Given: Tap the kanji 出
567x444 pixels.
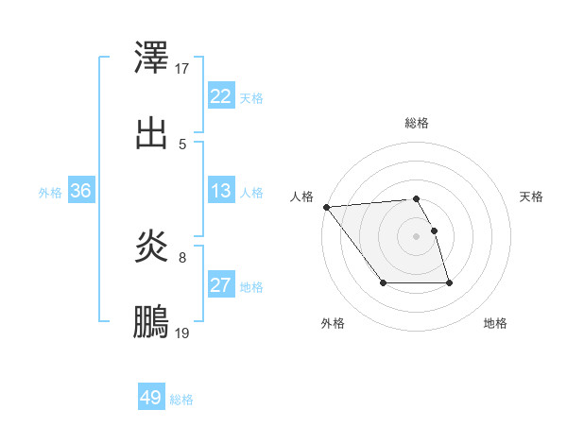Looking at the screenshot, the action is point(152,132).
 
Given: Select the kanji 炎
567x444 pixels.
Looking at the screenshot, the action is point(152,248).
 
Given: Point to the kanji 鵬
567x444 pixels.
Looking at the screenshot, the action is point(152,323).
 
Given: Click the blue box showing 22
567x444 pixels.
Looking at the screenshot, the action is point(220,96).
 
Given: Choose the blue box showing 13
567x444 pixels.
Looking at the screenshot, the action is point(220,191).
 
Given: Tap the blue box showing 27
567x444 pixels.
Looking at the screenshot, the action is point(220,285).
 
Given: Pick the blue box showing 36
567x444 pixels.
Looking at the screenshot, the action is point(80,191).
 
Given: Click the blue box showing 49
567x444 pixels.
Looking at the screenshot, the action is point(151,398).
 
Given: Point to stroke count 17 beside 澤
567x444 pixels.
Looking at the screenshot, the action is point(182,68).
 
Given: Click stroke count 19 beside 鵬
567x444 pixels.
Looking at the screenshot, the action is point(182,333).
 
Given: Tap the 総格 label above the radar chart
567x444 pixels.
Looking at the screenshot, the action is point(417,123).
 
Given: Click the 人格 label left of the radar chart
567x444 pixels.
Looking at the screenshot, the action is point(301,196).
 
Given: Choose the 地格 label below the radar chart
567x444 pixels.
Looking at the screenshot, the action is point(495,324).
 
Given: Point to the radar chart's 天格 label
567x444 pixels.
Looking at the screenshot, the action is point(532,196).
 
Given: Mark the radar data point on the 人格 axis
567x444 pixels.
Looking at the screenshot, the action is point(326,207).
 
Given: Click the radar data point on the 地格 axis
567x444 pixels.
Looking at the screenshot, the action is point(449,282).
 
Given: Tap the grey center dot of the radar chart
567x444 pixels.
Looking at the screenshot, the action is point(417,235).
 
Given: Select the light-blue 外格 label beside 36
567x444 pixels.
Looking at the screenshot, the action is point(50,192).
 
